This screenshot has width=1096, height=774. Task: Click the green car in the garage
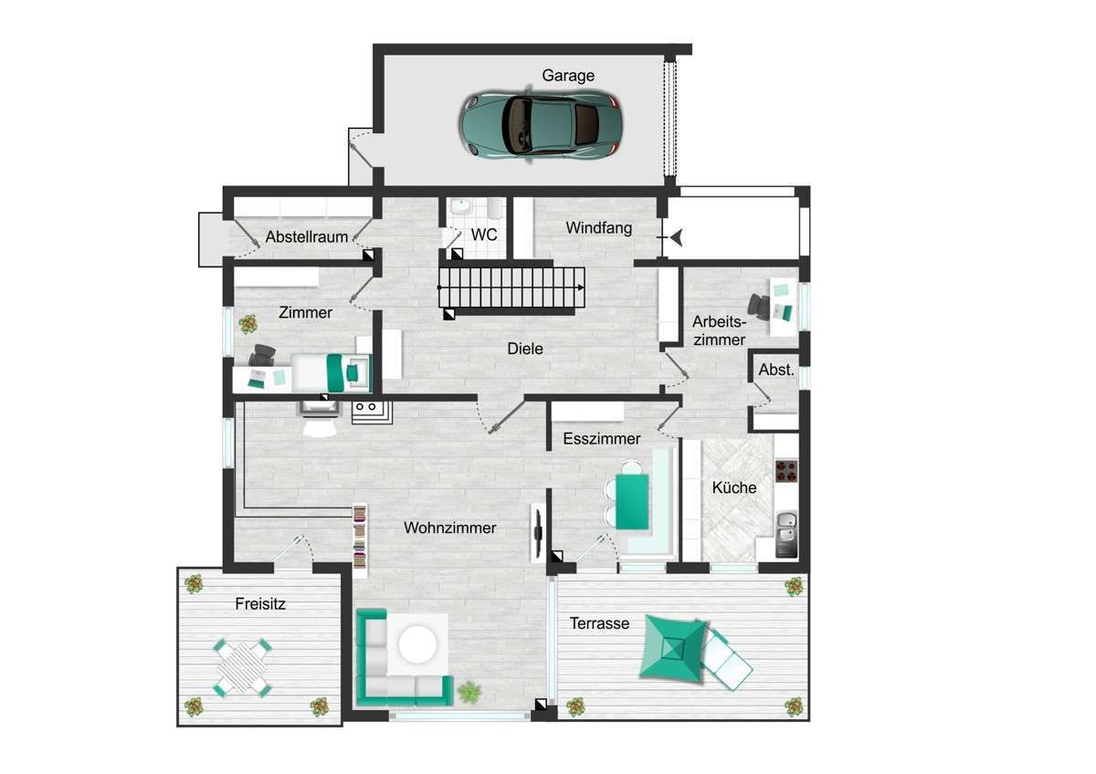[541, 124]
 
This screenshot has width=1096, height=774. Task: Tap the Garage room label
[568, 75]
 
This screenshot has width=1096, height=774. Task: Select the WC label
[484, 235]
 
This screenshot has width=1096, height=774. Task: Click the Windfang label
[599, 228]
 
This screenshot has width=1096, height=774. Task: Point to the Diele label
[525, 349]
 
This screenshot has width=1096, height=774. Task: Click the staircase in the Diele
[511, 288]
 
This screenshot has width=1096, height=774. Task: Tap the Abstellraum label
[307, 236]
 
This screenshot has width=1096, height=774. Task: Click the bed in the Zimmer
[331, 373]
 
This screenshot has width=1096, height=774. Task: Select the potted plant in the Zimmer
[248, 324]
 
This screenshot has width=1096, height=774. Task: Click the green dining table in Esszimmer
[632, 502]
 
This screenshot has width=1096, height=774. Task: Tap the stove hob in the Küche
[786, 471]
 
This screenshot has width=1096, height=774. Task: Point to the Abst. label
[776, 370]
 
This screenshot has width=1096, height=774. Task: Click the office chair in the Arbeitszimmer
[759, 307]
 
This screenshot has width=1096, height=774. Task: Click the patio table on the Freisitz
[242, 667]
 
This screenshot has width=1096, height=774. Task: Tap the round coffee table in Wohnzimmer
[417, 644]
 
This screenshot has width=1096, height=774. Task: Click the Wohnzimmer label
[450, 528]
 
